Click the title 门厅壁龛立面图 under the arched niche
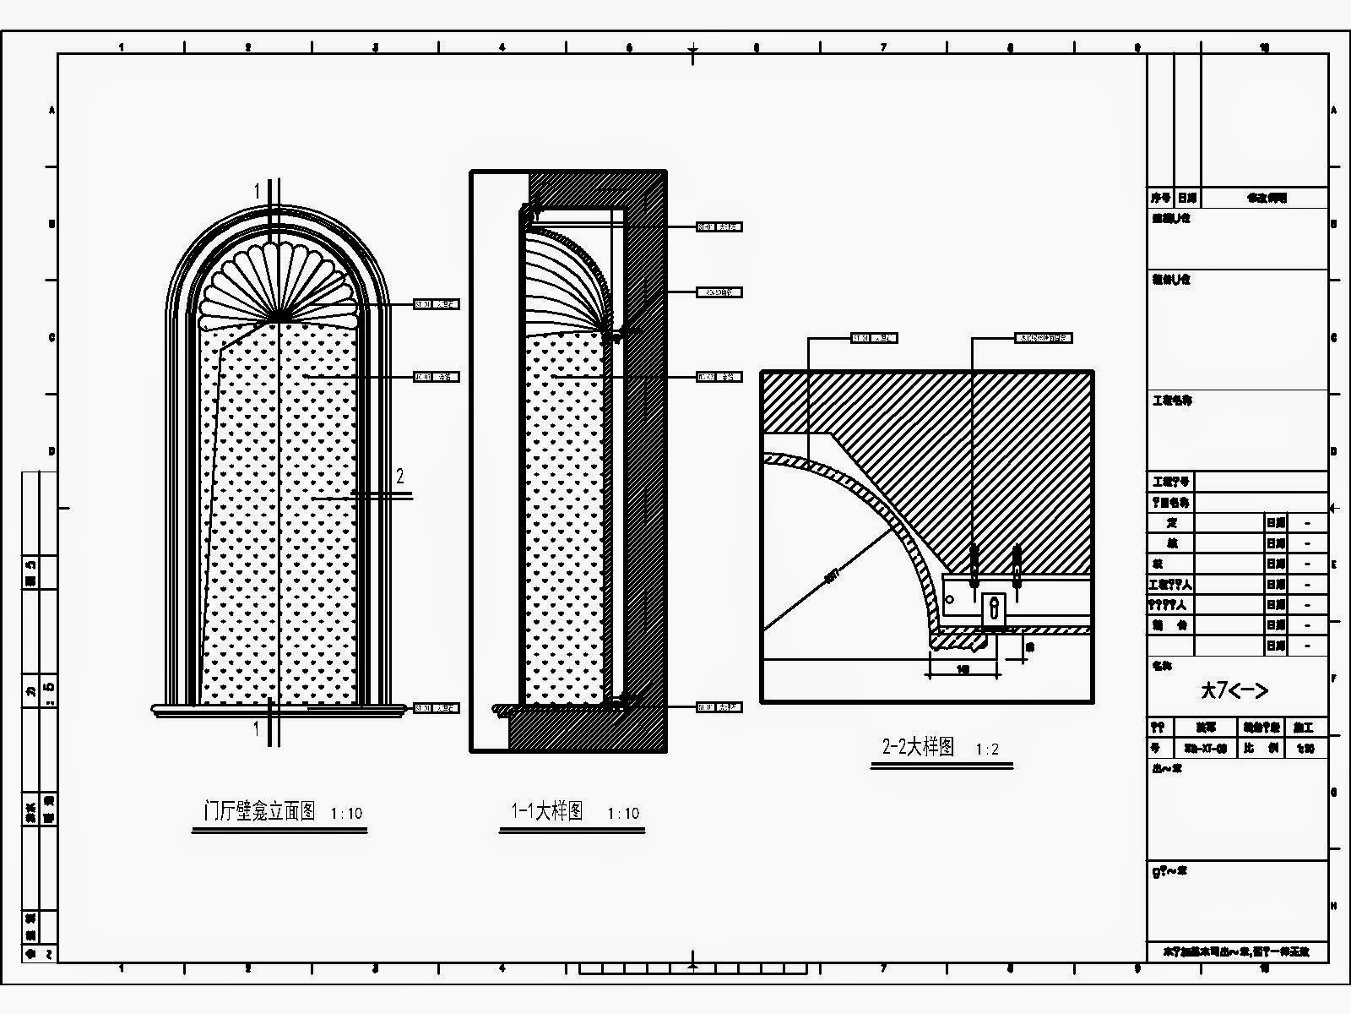pyautogui.click(x=260, y=812)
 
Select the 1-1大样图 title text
pyautogui.click(x=547, y=812)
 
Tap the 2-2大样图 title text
pyautogui.click(x=918, y=747)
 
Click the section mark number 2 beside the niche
pyautogui.click(x=400, y=477)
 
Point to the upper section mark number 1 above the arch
pyautogui.click(x=258, y=192)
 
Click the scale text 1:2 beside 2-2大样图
pyautogui.click(x=987, y=750)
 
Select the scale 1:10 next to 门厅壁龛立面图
pyautogui.click(x=346, y=814)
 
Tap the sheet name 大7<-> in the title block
pyautogui.click(x=1234, y=690)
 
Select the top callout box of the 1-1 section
pyautogui.click(x=719, y=226)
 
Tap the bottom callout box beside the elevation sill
pyautogui.click(x=436, y=708)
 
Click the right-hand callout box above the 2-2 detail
pyautogui.click(x=1043, y=338)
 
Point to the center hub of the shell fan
pyautogui.click(x=276, y=319)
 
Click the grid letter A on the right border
pyautogui.click(x=1333, y=111)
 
